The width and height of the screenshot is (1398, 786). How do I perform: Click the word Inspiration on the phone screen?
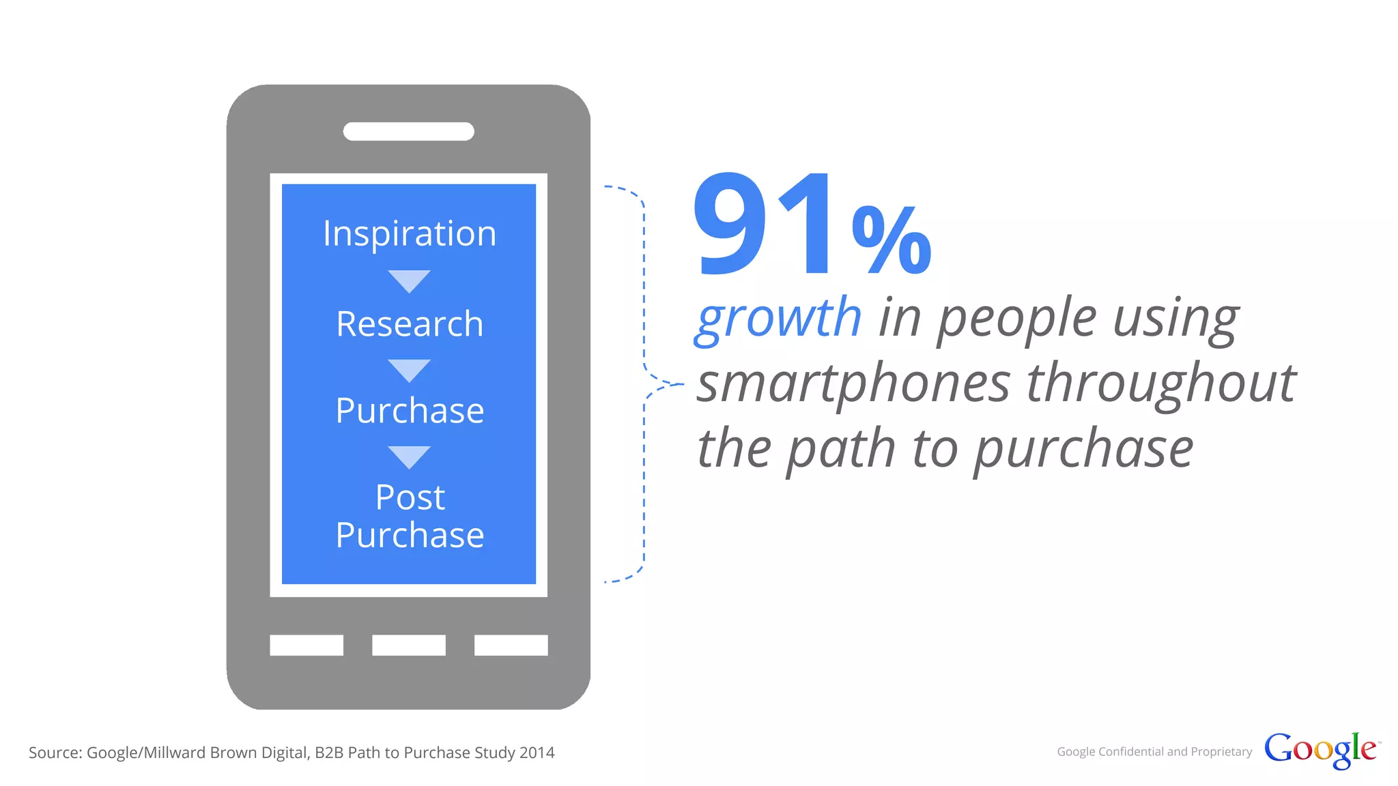[x=410, y=234]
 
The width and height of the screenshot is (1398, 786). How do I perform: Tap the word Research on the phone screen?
[x=410, y=324]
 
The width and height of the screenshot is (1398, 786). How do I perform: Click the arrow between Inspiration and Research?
[x=409, y=280]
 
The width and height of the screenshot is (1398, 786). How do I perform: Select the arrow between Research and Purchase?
[x=409, y=370]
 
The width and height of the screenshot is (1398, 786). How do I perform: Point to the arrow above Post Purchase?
[x=409, y=456]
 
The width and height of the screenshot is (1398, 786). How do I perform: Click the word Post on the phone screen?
[x=410, y=497]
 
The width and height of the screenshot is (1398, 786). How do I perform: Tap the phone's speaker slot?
[x=408, y=132]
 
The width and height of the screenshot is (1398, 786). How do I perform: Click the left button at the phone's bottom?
[x=306, y=645]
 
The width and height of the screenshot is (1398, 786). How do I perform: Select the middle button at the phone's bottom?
[x=409, y=645]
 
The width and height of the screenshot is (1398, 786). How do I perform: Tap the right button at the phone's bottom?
[x=511, y=645]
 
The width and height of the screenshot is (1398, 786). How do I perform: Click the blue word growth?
[x=778, y=319]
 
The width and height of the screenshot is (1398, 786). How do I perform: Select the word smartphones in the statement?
[x=853, y=384]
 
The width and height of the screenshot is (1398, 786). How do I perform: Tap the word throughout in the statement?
[x=1160, y=384]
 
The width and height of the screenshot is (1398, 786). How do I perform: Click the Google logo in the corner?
[x=1320, y=750]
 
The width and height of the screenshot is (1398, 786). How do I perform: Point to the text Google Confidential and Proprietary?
[x=1154, y=752]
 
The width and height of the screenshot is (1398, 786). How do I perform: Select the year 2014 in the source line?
[x=537, y=753]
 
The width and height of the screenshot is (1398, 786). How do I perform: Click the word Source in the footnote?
[x=55, y=753]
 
